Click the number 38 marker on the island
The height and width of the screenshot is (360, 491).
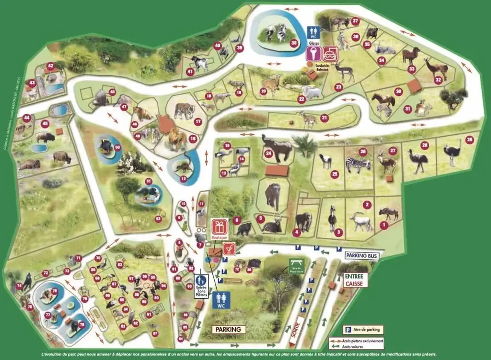tap(293, 43)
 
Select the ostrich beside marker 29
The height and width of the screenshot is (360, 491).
tap(452, 153)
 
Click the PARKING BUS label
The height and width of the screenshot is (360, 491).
tap(362, 256)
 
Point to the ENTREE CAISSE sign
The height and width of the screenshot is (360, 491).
tap(353, 279)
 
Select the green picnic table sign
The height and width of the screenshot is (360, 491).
tap(297, 266)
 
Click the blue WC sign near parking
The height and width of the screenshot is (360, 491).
tap(221, 300)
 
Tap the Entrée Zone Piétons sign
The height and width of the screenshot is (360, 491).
tap(201, 285)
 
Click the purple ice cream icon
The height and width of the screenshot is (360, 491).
tap(313, 53)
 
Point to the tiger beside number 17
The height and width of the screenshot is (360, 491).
tap(183, 110)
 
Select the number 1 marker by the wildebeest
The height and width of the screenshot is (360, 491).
tap(384, 225)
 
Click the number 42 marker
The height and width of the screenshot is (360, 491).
tap(51, 65)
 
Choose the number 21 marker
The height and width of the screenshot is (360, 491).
tap(324, 118)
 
